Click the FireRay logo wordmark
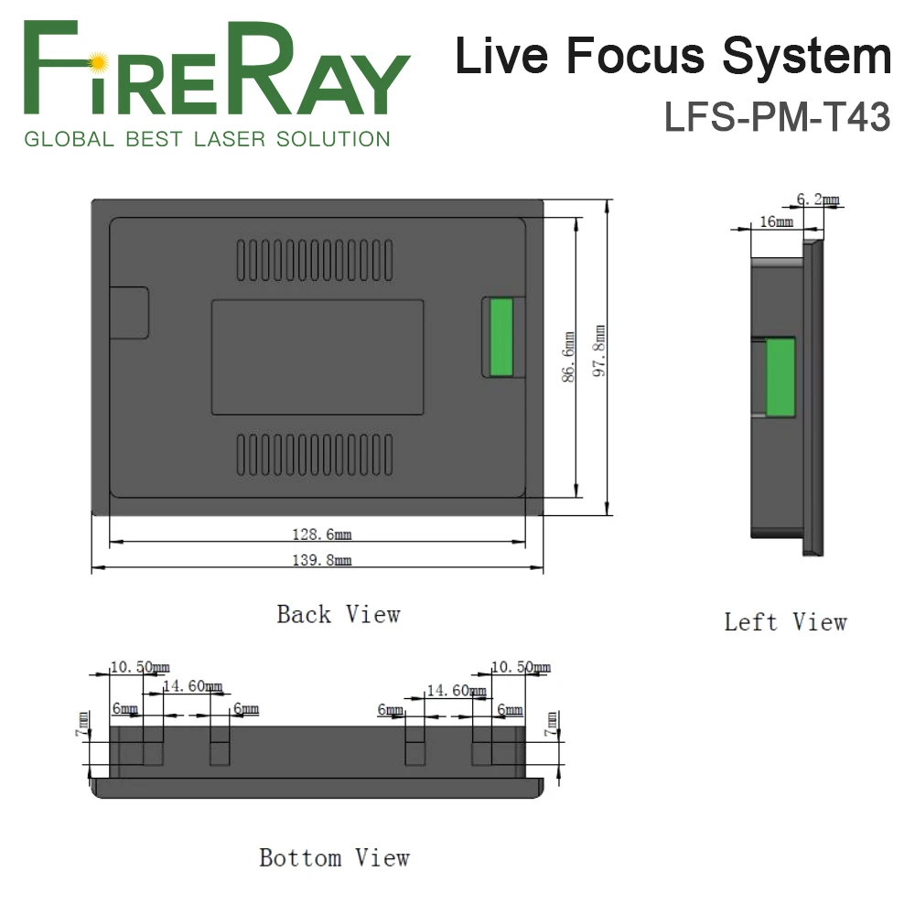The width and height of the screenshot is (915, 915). pos(214,74)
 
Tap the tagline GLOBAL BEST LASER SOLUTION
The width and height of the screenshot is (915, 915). pos(207,140)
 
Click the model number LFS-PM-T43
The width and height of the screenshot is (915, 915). pos(777,118)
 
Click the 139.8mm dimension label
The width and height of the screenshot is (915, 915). pos(317,561)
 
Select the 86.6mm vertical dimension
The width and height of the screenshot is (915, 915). pos(569,357)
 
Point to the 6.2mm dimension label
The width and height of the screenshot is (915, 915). pos(817,199)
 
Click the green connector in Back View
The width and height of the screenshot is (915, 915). pos(499,337)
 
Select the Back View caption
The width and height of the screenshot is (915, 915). pos(339,614)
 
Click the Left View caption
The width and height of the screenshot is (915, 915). pos(785,622)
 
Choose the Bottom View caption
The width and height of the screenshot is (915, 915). pos(334,858)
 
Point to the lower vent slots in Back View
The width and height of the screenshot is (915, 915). pos(317,455)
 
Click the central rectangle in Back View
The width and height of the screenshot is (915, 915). pos(317,357)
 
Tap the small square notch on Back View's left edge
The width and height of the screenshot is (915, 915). pos(129,313)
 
